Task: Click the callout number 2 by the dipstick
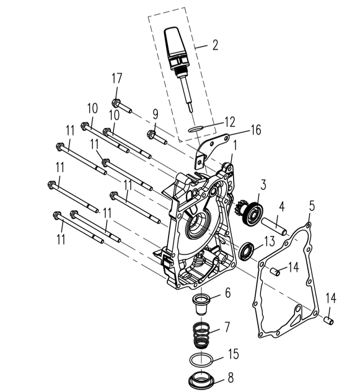[x=214, y=45]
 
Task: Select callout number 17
[x=116, y=79]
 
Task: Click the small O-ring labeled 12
[x=195, y=129]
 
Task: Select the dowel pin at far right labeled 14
[x=330, y=320]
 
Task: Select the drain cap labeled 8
[x=203, y=380]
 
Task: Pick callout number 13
[x=268, y=240]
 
